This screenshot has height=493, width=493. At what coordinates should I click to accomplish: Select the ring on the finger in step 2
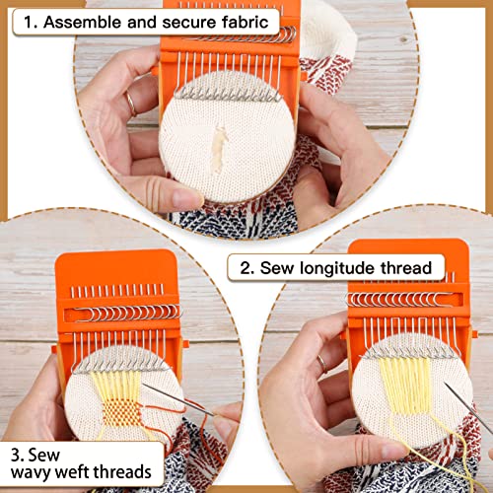tap(320, 364)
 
